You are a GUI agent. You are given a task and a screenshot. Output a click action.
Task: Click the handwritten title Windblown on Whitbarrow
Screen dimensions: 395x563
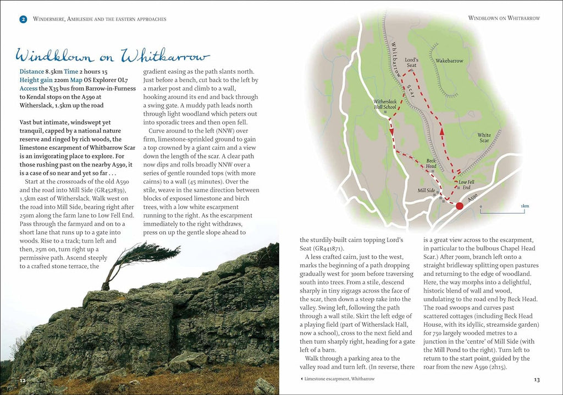[112, 56]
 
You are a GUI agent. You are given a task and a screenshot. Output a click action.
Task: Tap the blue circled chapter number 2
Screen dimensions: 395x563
[23, 19]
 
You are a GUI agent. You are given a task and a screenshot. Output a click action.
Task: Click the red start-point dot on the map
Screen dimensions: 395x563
[460, 205]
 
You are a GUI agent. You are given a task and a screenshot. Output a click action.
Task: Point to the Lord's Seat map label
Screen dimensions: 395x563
[411, 62]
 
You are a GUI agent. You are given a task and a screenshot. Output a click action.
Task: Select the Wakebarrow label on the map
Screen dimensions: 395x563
[449, 61]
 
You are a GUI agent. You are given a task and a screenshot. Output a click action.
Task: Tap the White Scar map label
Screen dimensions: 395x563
[484, 138]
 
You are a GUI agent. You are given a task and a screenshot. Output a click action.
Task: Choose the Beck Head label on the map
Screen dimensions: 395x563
[432, 164]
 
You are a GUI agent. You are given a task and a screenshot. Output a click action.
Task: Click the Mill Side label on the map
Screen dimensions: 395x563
[426, 190]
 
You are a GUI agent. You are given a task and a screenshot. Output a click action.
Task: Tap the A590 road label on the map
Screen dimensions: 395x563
[472, 197]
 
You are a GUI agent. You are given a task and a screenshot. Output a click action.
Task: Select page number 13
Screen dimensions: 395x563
[537, 380]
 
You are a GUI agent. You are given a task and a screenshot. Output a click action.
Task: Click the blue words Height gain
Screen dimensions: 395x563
[37, 80]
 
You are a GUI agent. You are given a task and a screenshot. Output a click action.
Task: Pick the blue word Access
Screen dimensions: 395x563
[29, 88]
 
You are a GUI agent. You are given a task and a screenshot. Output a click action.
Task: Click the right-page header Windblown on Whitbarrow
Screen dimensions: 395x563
[504, 18]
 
